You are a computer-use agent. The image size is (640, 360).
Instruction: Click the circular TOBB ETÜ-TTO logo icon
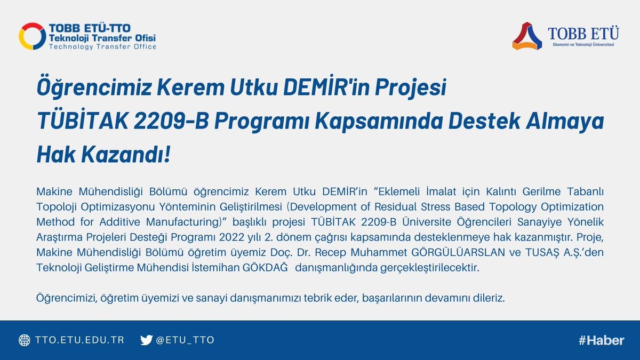point(32,36)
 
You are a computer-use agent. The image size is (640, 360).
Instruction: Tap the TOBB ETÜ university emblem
point(527,36)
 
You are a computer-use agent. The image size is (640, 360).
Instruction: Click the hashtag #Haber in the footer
point(601,340)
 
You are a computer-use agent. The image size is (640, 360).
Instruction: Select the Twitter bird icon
point(146,340)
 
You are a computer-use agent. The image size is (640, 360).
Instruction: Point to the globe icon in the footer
point(25,340)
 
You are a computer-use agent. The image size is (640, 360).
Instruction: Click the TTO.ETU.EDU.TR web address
point(79,340)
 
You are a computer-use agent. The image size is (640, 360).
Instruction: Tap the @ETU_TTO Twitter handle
point(185,340)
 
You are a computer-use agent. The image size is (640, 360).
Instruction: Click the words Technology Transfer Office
point(102,47)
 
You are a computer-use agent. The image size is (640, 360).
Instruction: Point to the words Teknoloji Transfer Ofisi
point(102,38)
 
